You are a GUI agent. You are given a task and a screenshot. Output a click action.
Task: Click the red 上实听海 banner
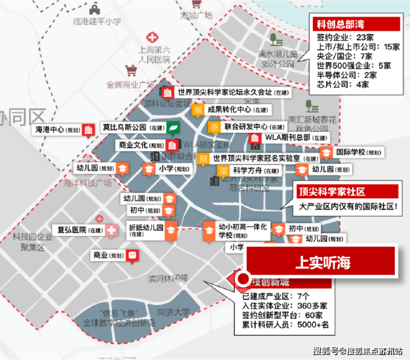tap(322, 262)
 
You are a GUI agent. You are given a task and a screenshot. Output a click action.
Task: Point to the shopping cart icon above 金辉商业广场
tap(131, 71)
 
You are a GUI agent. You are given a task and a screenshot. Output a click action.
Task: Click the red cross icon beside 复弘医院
tap(112, 230)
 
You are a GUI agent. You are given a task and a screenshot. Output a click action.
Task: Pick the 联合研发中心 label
tap(245, 127)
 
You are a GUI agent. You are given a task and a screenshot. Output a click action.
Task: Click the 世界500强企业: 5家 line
tap(354, 66)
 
